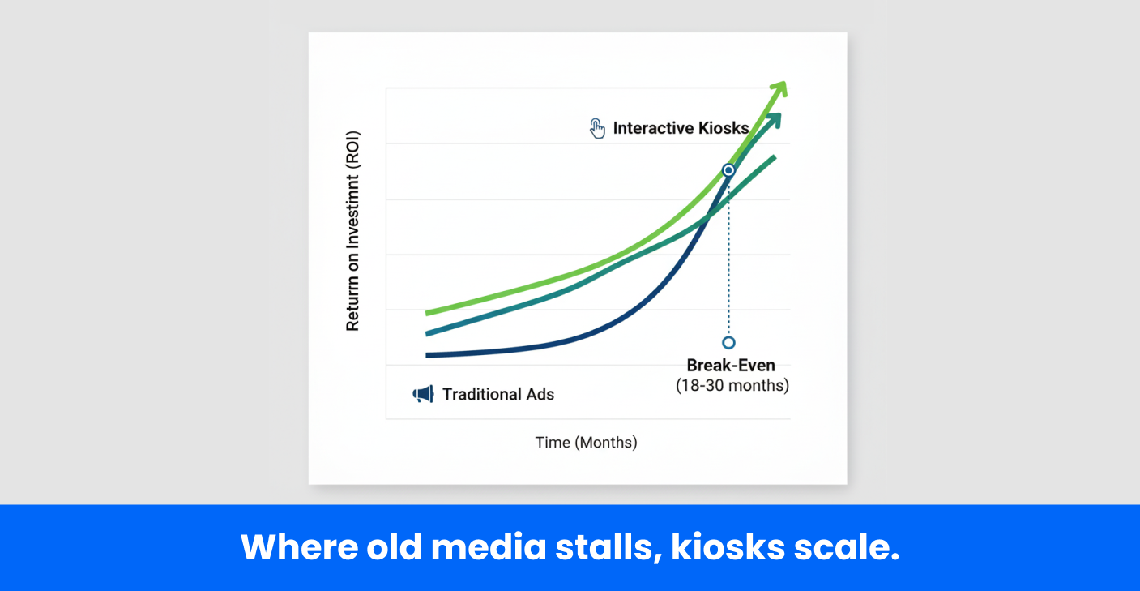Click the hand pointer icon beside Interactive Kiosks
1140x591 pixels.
[597, 128]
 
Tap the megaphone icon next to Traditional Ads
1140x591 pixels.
[424, 394]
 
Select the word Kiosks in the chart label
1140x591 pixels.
[724, 128]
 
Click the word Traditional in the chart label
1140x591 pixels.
[480, 394]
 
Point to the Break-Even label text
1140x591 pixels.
[731, 366]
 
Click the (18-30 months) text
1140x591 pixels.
[732, 385]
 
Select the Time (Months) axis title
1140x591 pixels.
[586, 443]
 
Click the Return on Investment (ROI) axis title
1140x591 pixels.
[352, 231]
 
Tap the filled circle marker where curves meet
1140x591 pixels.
[728, 170]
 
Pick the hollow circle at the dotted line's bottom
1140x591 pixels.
[728, 343]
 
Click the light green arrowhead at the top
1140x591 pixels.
[779, 88]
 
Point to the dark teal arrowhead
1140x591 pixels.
[774, 121]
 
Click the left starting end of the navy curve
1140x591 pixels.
[428, 355]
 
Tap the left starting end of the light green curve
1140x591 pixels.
[428, 313]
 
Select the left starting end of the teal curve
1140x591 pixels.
[428, 334]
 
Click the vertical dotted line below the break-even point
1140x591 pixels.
[728, 256]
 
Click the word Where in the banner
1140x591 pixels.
[299, 548]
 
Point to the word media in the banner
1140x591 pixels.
[489, 548]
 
